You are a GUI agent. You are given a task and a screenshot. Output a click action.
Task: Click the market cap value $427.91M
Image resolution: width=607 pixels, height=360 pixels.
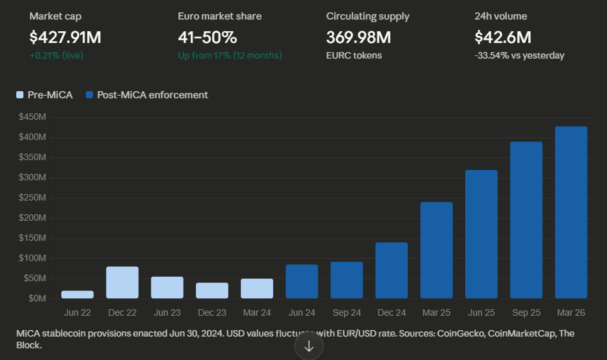point(65,38)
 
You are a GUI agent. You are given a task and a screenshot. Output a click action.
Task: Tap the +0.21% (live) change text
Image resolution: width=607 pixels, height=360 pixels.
point(57,55)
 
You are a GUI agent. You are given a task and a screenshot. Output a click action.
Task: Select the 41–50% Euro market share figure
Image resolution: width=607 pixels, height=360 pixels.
point(207,38)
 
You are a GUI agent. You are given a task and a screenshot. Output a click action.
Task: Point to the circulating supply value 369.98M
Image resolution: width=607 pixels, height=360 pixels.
point(358,38)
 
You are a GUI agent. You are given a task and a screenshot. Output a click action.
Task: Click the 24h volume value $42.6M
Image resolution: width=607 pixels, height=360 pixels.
point(503,38)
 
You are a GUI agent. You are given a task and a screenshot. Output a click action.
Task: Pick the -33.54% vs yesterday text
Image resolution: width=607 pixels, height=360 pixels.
point(519,55)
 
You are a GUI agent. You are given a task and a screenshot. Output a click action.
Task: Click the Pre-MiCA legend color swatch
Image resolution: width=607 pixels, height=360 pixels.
point(20,95)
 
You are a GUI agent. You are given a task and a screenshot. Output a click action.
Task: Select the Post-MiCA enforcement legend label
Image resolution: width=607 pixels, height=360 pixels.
point(152,95)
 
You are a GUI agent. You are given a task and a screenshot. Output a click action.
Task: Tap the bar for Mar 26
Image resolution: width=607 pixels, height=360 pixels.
point(571,212)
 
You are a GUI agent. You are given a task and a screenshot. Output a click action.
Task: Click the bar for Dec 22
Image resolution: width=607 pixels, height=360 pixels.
point(122,283)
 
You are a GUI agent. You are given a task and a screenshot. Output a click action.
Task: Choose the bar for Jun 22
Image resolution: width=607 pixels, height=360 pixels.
point(77,294)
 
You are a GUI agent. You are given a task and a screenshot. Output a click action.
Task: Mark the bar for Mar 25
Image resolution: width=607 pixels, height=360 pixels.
point(436,250)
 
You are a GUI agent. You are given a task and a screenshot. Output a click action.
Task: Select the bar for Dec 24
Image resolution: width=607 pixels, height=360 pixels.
point(391,270)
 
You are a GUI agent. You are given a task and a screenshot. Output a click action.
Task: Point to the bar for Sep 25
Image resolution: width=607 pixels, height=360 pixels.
point(526,220)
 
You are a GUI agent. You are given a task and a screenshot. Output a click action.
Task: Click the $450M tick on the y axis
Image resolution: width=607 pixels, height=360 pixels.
point(33,117)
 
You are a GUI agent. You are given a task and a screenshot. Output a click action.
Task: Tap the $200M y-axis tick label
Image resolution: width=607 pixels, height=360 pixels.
point(33,218)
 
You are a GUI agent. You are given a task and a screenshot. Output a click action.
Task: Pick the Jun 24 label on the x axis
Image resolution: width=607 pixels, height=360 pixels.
point(302,312)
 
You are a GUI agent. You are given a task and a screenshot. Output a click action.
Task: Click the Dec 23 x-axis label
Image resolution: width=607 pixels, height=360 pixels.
point(212,312)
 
